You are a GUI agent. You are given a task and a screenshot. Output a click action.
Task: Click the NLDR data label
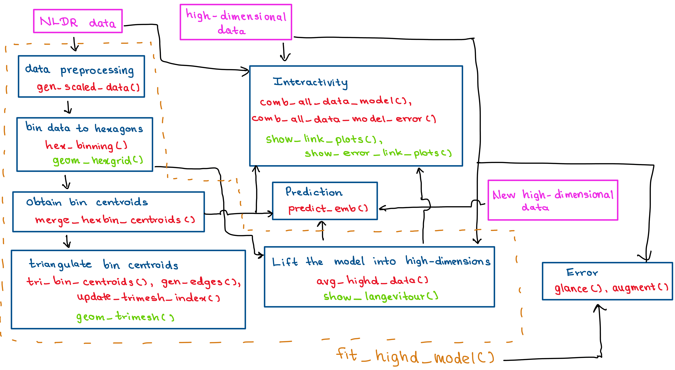pos(78,22)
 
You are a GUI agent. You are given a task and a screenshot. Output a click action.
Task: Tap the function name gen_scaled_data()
pos(88,87)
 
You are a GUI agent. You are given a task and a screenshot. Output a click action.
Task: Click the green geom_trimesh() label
pos(125,317)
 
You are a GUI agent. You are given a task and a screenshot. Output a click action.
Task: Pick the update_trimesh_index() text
pos(148,298)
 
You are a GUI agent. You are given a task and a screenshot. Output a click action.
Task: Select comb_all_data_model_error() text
pos(344,119)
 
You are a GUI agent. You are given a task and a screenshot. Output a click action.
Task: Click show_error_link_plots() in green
pos(378,153)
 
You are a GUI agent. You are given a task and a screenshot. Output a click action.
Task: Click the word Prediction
pos(314,192)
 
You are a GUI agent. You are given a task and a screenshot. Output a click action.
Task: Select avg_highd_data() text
pos(372,281)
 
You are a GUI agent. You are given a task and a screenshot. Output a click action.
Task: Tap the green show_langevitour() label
pos(381,296)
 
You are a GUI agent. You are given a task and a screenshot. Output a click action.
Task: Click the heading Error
pos(582,272)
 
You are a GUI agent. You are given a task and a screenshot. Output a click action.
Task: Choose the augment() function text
pos(640,288)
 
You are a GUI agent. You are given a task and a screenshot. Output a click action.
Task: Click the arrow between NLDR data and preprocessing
pos(75,44)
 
